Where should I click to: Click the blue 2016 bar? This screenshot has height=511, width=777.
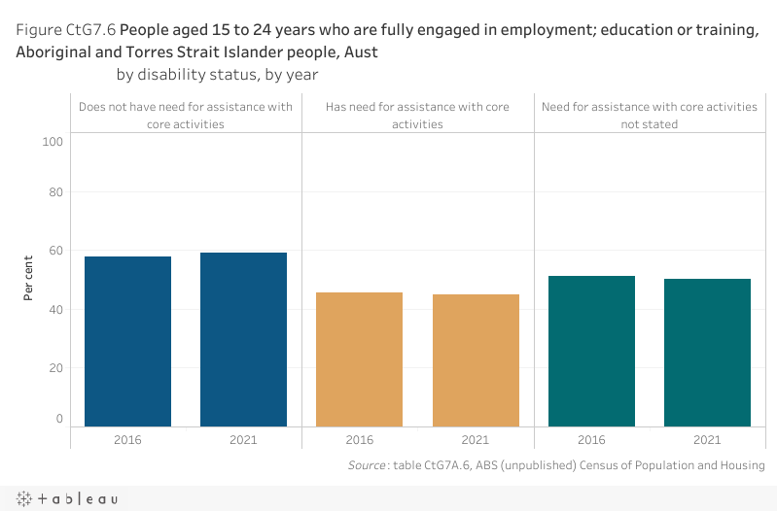[x=128, y=341]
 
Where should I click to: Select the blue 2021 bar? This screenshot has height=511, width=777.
[x=243, y=339]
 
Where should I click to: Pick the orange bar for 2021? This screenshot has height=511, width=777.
[x=476, y=359]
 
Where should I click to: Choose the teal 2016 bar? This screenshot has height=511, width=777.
[x=591, y=351]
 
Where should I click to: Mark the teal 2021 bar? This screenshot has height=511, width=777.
[x=707, y=352]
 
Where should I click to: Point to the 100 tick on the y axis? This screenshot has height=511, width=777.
[x=53, y=142]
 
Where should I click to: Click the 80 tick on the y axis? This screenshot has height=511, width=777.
[x=55, y=192]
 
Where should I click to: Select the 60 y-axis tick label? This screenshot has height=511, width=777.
[x=55, y=251]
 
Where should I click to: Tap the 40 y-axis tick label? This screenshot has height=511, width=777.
[x=55, y=309]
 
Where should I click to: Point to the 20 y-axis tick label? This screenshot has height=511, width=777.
[x=55, y=367]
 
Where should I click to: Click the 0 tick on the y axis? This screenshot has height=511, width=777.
[x=59, y=419]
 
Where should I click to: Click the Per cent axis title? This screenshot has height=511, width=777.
[x=29, y=278]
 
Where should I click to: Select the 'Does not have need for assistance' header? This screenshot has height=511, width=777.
[x=186, y=116]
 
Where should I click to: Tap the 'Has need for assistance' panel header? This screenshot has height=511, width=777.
[x=418, y=116]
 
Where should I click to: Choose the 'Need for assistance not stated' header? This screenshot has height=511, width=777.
[x=650, y=116]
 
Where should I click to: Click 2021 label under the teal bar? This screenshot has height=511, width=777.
[x=707, y=439]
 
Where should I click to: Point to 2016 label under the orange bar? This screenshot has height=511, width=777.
[x=360, y=439]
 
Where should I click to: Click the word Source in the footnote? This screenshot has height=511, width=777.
[x=366, y=466]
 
